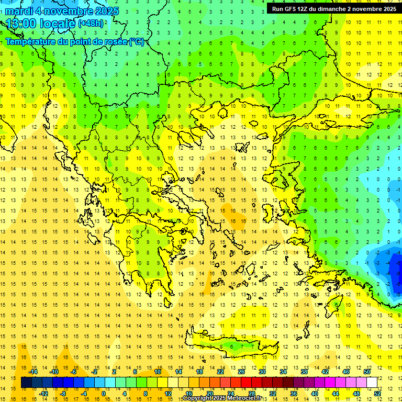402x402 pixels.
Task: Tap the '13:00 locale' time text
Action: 41,24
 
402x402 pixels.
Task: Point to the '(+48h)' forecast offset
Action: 91,24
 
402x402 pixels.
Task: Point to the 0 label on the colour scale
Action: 104,394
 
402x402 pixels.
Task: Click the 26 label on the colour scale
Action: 241,371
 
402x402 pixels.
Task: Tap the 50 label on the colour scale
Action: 366,371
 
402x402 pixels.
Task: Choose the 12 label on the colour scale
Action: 168,394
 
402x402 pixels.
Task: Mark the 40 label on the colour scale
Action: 315,394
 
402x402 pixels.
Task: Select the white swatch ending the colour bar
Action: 372,383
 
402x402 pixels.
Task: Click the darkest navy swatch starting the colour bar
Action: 26,383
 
